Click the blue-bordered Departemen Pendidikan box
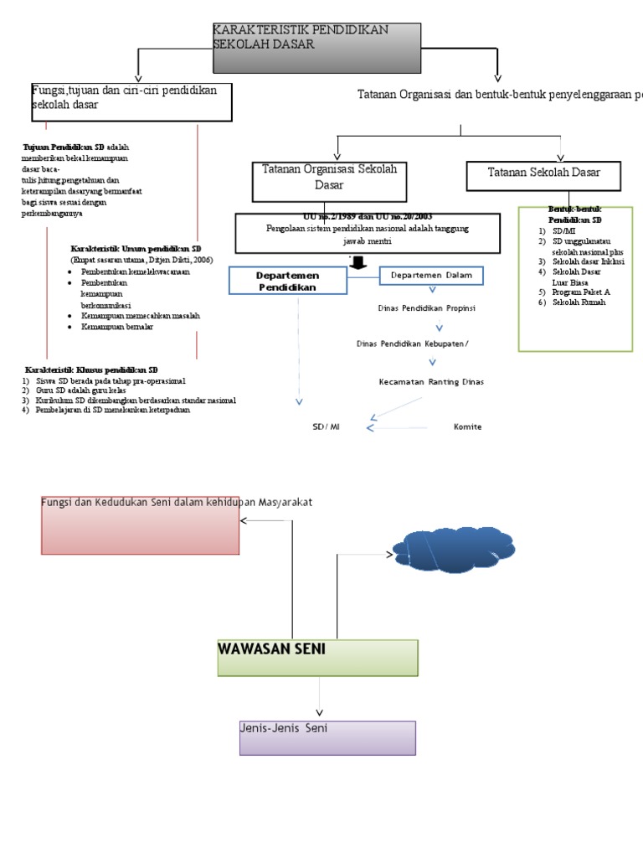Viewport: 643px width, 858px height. [276, 282]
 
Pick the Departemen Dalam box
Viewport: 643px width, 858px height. [431, 276]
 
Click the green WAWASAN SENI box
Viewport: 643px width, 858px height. [317, 658]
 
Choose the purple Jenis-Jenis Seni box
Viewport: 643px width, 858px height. [327, 737]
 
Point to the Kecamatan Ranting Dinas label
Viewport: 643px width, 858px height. [430, 382]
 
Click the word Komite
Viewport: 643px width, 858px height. [467, 427]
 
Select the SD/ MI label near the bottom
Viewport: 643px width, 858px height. [327, 427]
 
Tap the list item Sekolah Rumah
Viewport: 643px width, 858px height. [579, 302]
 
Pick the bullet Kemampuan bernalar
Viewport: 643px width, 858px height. [117, 328]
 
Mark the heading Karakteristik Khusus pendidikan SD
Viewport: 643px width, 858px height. [91, 370]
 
